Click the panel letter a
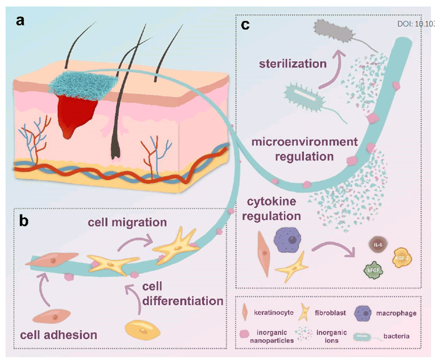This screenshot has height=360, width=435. point(20,21)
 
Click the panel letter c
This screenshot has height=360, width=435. point(245,25)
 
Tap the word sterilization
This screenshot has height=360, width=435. point(292,63)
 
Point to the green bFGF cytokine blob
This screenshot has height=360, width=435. point(372,269)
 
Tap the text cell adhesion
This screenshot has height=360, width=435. point(58,335)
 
